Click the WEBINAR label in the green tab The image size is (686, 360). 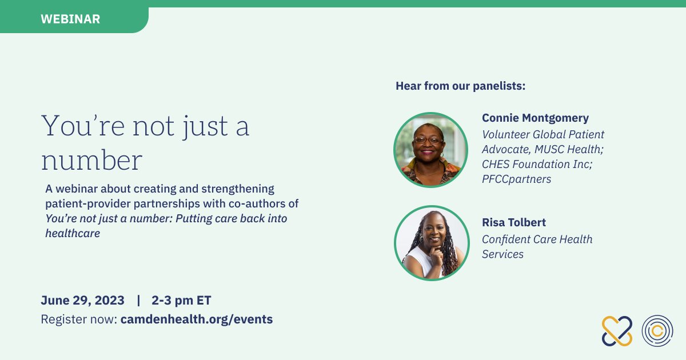[70, 19]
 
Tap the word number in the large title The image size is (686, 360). [92, 160]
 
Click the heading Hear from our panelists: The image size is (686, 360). [460, 86]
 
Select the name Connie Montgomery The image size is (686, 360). [535, 118]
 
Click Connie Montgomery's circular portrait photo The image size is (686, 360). [430, 150]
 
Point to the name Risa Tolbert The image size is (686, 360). [514, 222]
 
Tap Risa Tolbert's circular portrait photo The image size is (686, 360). [432, 243]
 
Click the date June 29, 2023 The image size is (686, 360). [83, 301]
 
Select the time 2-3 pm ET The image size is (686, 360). [181, 301]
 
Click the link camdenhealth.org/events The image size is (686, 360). [197, 319]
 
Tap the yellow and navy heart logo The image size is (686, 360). [617, 331]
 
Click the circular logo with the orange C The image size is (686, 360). [657, 331]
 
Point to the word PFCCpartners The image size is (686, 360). [516, 179]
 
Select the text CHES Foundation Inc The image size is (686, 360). [536, 164]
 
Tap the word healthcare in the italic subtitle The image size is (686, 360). [73, 233]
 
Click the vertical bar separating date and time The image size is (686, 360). [138, 301]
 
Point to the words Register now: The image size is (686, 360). [79, 319]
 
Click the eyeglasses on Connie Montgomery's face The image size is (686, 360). [428, 140]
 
